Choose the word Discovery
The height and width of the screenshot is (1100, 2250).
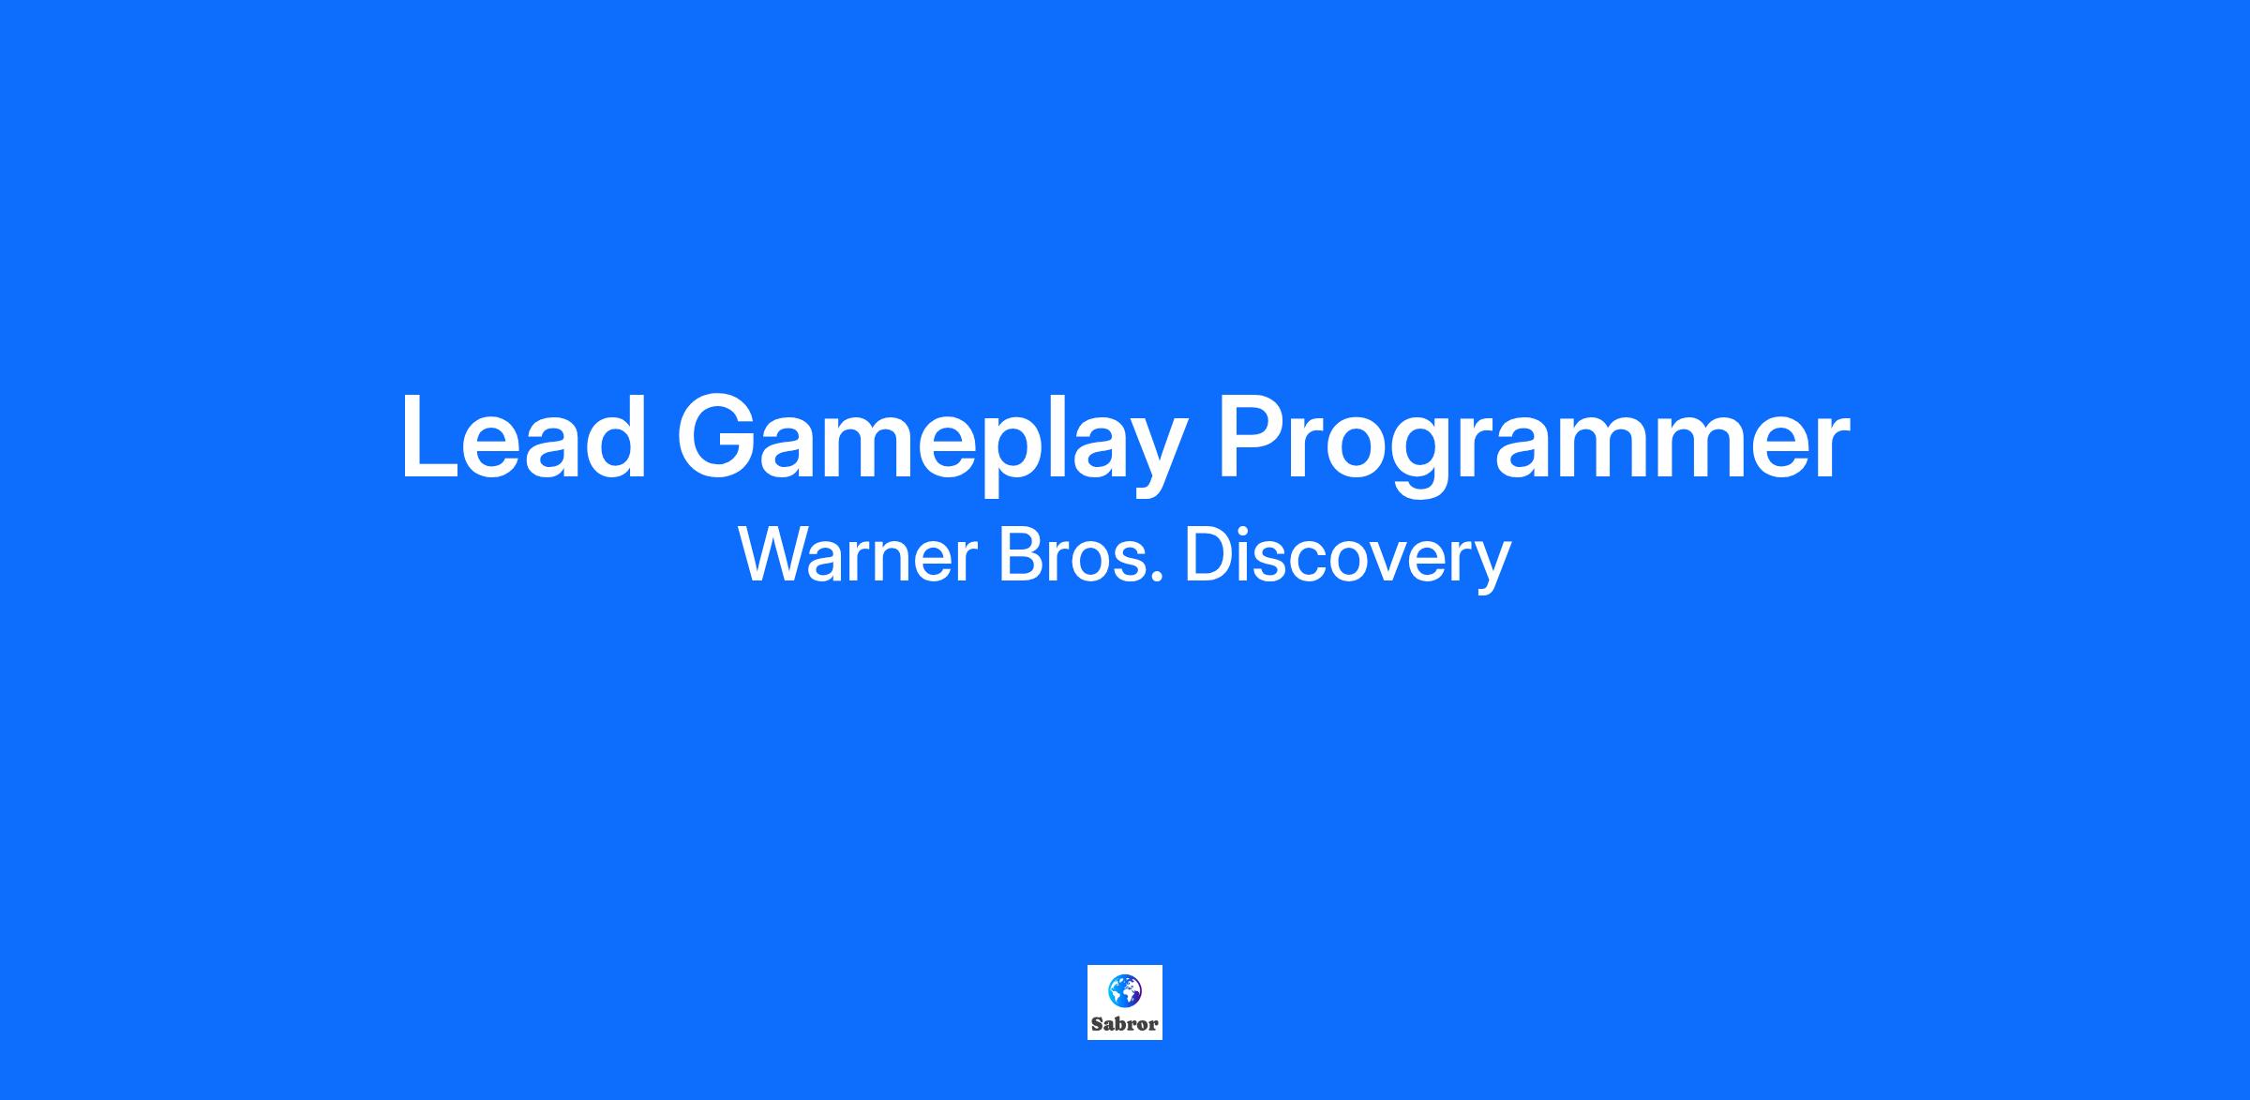tap(1347, 559)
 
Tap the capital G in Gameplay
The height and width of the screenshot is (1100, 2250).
tap(721, 436)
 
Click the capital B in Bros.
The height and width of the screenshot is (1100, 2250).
tap(1020, 555)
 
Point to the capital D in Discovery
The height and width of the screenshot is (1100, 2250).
tap(1208, 555)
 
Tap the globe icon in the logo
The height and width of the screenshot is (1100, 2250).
tap(1124, 990)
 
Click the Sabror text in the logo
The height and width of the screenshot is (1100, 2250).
tap(1125, 1024)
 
